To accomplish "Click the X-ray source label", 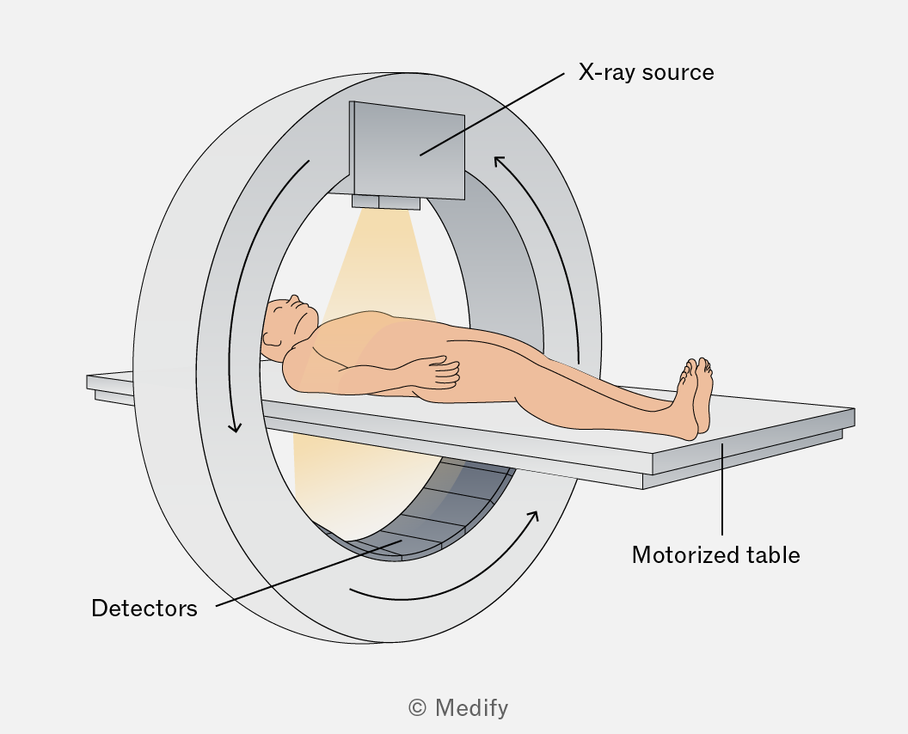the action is [647, 72].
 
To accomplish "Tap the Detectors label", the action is [144, 609].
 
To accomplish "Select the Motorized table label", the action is [715, 555].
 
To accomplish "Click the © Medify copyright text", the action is [458, 708].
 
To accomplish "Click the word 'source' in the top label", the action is [678, 74].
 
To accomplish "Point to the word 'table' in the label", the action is [773, 555].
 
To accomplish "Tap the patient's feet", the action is [696, 397].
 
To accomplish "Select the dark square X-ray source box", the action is [408, 150].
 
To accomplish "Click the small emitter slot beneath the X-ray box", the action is [386, 202].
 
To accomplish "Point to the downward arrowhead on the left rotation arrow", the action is [235, 428].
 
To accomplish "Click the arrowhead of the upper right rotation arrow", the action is [499, 161].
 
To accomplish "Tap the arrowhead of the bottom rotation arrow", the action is [534, 516].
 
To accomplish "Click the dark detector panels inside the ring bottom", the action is [440, 510].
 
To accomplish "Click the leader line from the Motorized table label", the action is [722, 489].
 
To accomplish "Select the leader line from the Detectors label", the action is [309, 573].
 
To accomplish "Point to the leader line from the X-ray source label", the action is [492, 114].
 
